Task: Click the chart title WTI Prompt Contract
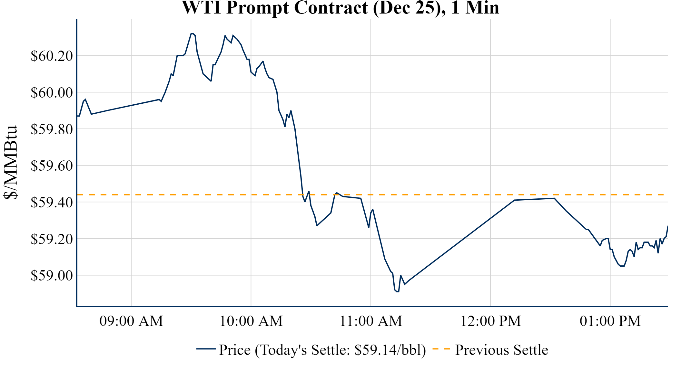340,8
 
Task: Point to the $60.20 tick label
52,56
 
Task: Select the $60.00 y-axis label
52,92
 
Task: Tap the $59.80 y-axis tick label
52,129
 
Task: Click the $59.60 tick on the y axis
52,166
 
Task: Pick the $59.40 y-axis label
52,202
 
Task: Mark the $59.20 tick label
52,239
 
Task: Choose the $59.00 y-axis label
52,275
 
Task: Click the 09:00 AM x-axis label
131,321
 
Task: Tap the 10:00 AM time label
251,321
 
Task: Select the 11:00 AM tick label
371,321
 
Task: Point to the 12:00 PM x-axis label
490,321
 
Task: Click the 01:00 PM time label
610,321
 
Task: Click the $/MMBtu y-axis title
10,163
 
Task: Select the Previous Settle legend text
501,350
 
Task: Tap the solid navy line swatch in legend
206,349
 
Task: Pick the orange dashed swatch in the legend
441,349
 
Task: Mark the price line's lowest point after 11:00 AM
397,291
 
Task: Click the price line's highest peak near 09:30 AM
192,33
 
